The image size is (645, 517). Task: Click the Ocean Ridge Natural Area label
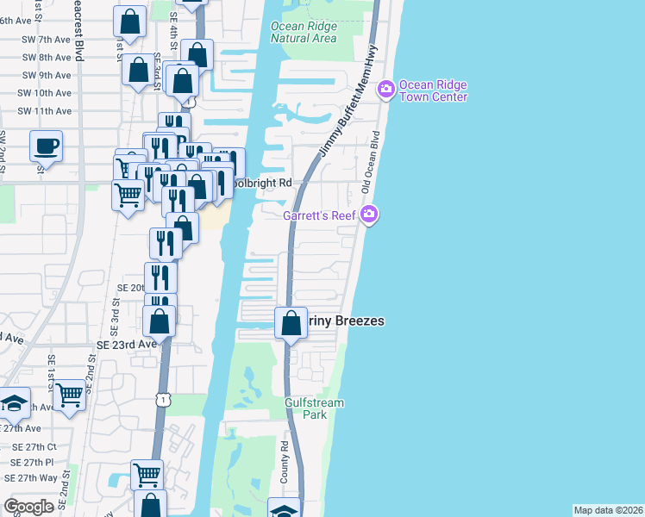tap(303, 32)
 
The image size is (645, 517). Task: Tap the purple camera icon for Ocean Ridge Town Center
tap(385, 88)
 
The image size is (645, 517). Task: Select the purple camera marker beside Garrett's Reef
tap(369, 214)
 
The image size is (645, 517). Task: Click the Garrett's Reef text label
tap(321, 215)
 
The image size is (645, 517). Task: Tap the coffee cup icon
tap(46, 145)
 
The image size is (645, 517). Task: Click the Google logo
tap(28, 507)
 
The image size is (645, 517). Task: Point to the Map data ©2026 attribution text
tap(608, 510)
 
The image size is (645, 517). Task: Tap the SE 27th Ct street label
tap(34, 447)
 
